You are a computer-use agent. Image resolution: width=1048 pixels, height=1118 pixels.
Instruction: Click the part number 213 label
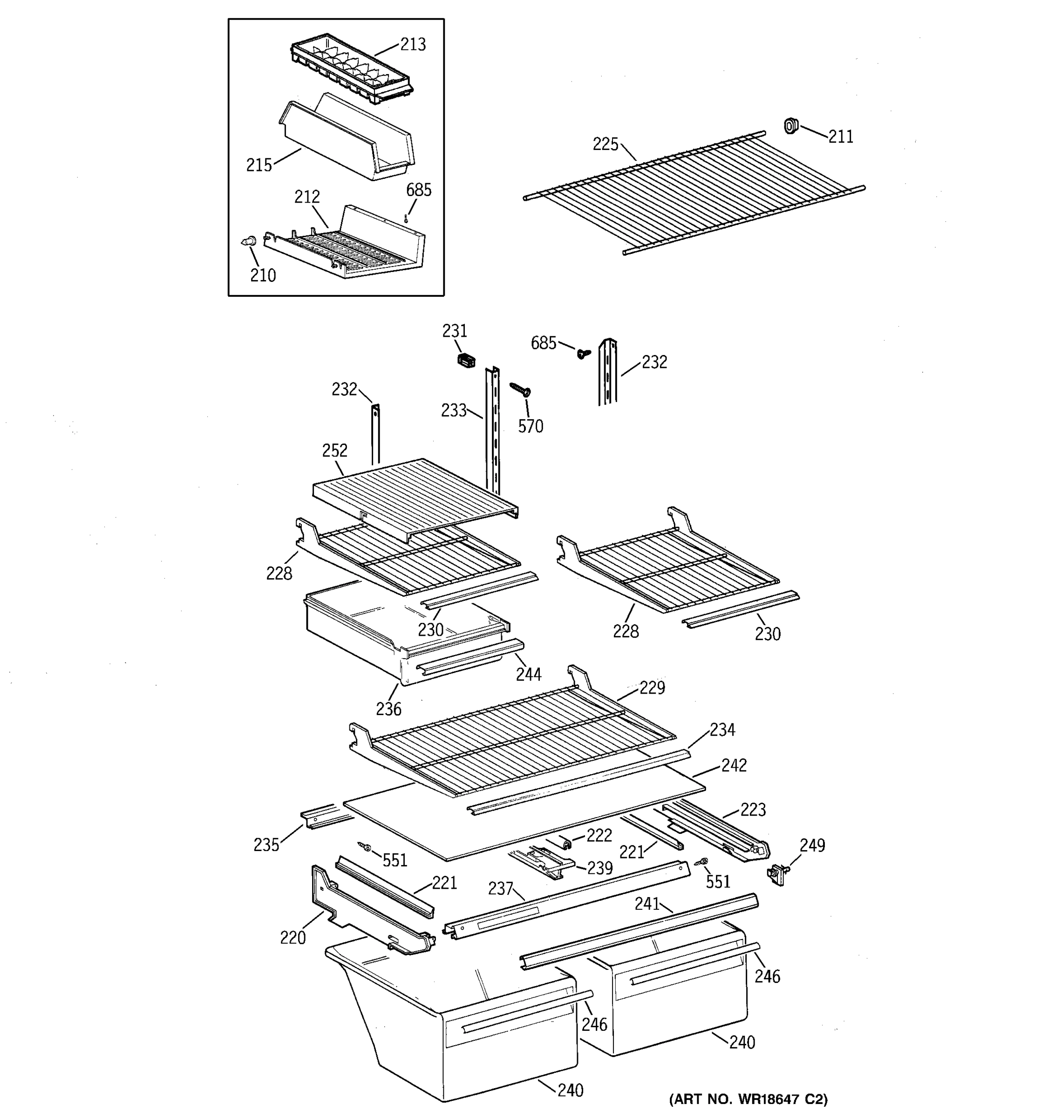413,44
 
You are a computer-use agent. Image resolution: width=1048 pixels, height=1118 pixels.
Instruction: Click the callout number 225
605,144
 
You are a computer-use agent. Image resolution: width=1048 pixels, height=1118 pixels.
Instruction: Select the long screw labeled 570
521,389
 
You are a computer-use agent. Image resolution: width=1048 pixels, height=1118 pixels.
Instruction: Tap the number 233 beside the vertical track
453,410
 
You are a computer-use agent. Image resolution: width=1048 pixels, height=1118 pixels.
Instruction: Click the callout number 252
334,450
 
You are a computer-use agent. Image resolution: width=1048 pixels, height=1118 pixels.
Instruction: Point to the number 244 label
529,674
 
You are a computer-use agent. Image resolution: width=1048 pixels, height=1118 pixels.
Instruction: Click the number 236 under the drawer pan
388,709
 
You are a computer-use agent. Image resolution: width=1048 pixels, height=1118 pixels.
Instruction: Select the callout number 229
652,688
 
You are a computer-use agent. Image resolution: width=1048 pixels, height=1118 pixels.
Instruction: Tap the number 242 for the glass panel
734,765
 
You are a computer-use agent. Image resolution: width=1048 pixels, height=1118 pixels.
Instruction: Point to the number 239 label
599,868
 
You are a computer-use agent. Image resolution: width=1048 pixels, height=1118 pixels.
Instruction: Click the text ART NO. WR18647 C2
748,1099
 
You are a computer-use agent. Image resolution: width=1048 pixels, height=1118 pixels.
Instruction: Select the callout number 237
500,888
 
